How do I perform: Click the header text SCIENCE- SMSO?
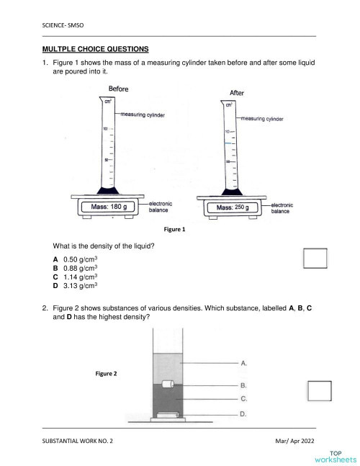63,25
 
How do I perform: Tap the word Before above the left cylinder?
118,89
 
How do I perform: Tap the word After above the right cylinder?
236,93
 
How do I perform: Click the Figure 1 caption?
174,230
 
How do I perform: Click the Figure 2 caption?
106,373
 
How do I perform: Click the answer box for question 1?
315,258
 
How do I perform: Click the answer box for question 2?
319,390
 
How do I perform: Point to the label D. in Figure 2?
244,414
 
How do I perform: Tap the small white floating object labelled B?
168,385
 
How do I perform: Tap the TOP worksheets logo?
335,455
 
